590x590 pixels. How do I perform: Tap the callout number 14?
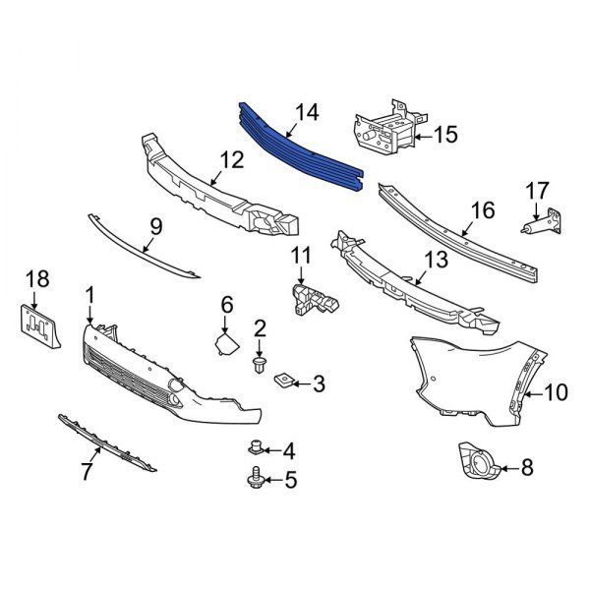[307, 113]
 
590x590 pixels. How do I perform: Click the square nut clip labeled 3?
[282, 382]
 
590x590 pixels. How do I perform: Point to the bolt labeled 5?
[256, 477]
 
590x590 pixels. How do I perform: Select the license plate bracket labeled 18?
[39, 326]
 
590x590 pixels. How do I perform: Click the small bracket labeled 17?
[542, 222]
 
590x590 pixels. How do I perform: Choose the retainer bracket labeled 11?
[315, 300]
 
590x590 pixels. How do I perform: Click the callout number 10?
[556, 392]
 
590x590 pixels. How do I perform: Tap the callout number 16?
[483, 210]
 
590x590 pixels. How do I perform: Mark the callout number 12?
[232, 160]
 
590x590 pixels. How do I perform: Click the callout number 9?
[155, 227]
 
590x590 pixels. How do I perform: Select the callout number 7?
[87, 471]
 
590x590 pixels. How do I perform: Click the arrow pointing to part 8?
[509, 468]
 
